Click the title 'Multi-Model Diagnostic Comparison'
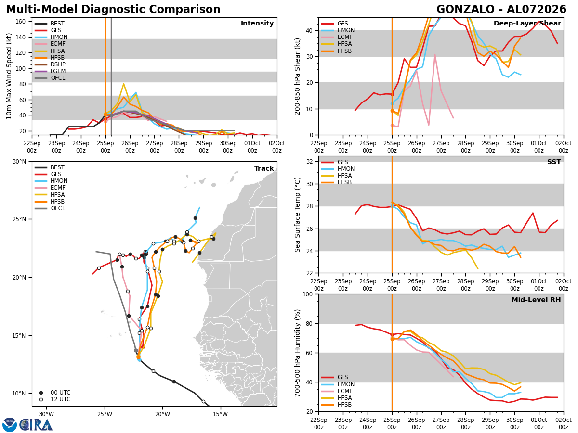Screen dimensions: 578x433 [x=113, y=10]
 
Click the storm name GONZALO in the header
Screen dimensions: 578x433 [x=465, y=10]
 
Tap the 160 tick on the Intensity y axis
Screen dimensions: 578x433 [x=20, y=22]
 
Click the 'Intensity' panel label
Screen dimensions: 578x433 [x=257, y=23]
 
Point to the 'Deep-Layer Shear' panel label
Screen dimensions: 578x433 [x=527, y=23]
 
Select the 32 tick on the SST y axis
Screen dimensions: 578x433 [x=310, y=162]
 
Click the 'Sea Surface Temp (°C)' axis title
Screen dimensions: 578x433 [x=297, y=215]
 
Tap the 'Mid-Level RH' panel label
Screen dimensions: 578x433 [x=536, y=300]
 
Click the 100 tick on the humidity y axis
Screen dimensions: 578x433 [x=308, y=294]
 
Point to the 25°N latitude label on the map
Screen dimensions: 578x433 [x=19, y=219]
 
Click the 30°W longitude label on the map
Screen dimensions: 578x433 [x=47, y=414]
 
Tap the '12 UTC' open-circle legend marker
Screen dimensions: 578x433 [x=41, y=399]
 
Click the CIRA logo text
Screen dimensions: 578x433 [x=36, y=425]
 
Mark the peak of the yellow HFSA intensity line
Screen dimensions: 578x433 [x=123, y=84]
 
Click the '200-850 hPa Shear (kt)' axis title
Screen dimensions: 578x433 [x=297, y=76]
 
